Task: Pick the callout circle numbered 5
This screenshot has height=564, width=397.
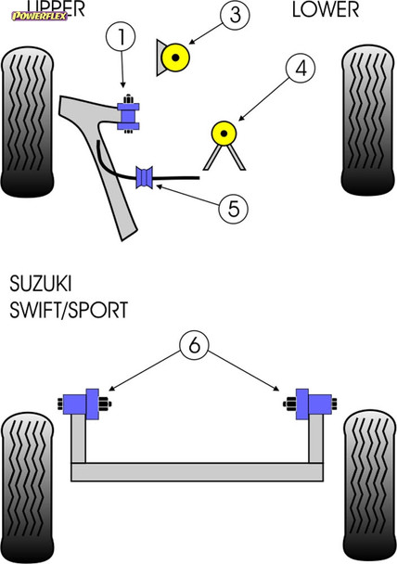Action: click(x=233, y=208)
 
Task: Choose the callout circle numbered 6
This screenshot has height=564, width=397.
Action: click(x=193, y=346)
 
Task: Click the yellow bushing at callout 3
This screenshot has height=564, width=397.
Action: click(x=175, y=58)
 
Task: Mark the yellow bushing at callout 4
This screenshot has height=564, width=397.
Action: click(x=224, y=134)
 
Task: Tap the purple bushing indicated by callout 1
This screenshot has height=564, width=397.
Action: click(x=129, y=112)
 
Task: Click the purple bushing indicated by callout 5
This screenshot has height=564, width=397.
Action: click(x=144, y=176)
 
